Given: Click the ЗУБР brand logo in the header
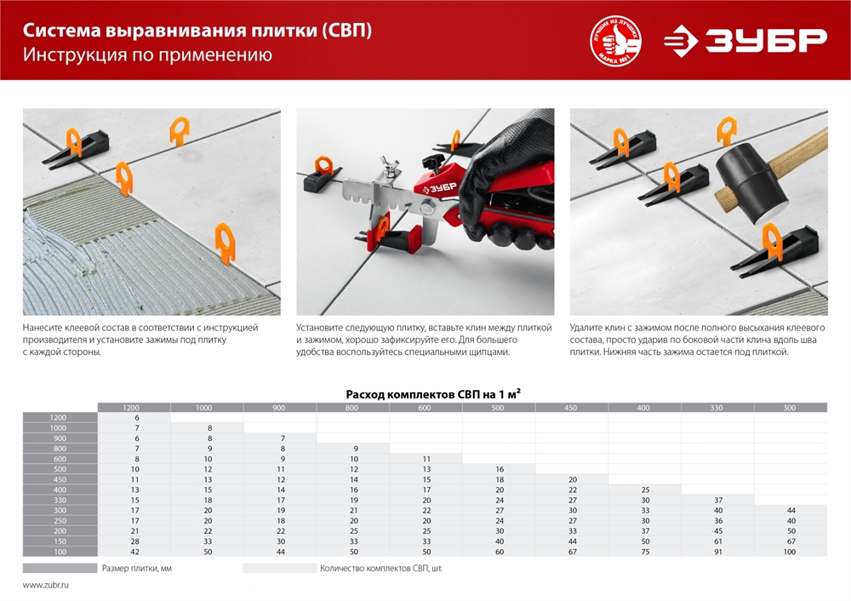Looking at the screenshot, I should (x=745, y=40).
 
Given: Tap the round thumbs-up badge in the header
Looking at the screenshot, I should (x=615, y=41).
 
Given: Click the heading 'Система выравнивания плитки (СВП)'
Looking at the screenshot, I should (x=197, y=31).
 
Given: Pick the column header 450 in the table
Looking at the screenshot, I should (x=570, y=408).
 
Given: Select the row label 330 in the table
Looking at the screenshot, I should (x=59, y=500).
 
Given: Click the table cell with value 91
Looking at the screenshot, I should (x=717, y=552).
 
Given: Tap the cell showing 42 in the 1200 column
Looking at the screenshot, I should (x=134, y=552).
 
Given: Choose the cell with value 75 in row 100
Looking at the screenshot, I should (x=643, y=552).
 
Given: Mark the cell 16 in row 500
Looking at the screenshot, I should (x=498, y=469).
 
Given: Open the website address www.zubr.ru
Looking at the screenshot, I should (x=46, y=586).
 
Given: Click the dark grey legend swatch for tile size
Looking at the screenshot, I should (x=59, y=568).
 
